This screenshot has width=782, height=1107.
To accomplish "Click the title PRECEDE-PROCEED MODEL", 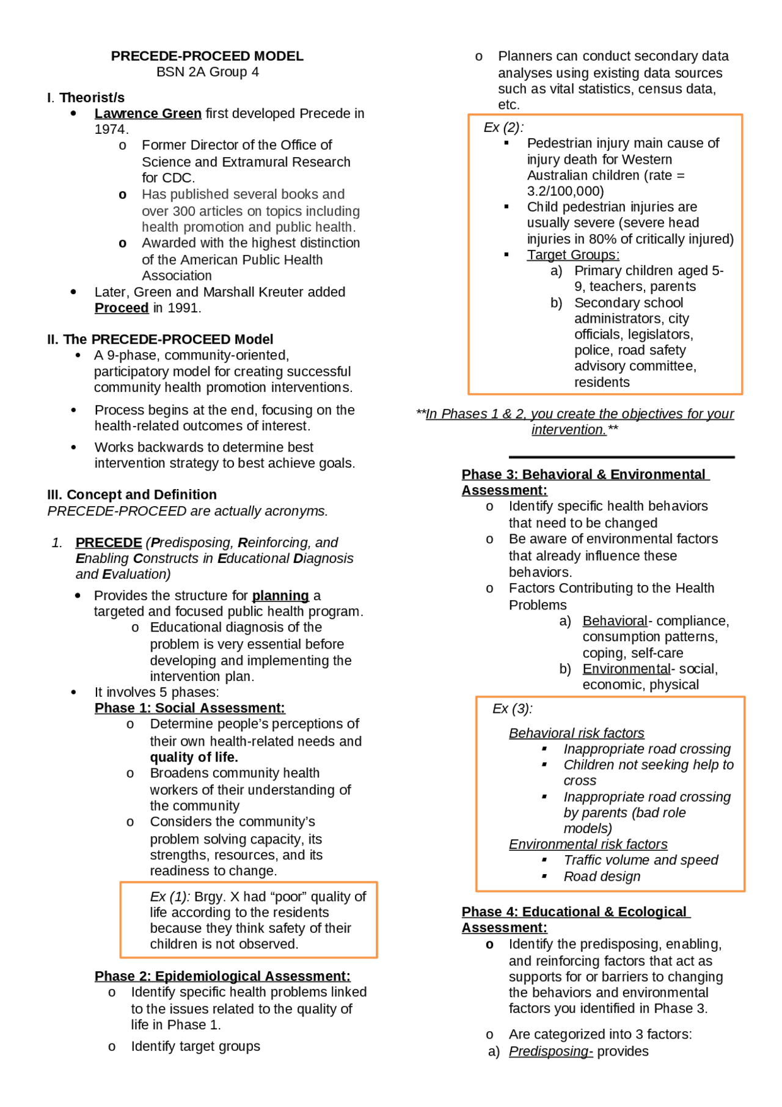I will pos(207,56).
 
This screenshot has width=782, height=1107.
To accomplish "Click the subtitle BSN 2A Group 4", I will pos(207,72).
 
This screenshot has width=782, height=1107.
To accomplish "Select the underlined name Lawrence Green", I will pos(148,114).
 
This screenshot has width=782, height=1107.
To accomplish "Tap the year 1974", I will pos(111,130).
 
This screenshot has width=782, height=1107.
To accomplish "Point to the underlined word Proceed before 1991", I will pos(122,308).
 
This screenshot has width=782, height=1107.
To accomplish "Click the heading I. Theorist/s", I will pos(86,98).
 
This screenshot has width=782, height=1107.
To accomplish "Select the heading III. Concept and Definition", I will pos(132,495).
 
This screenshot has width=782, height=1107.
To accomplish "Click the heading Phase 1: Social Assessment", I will pos(189,708).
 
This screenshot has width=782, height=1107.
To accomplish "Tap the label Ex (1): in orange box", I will pos(170,897).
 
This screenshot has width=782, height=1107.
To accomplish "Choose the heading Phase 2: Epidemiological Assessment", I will pos(222,976).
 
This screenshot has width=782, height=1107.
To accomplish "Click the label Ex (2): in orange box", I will pos(503,128).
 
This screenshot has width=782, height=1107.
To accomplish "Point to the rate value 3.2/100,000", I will pos(565,191).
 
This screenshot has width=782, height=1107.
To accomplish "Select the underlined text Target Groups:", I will pos(573,255).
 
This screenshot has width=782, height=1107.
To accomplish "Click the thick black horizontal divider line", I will pos(621,457).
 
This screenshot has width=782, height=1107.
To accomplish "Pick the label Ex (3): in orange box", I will pos(513,709).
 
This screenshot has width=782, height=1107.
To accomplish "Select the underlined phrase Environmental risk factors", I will pos(588,844).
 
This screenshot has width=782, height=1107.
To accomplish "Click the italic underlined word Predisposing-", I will pos(550,1051).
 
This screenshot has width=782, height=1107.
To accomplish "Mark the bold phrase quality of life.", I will pos(194,757).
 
